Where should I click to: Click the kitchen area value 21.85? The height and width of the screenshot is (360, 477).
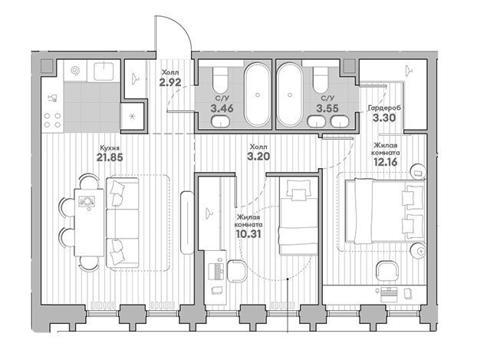[110, 157]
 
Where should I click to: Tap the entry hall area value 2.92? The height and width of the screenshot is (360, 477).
[170, 82]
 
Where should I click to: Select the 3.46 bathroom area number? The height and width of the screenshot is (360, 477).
[222, 108]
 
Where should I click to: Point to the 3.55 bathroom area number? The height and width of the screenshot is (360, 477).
[327, 108]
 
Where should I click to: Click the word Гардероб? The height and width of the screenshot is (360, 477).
[384, 107]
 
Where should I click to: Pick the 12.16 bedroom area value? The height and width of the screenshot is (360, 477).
[386, 162]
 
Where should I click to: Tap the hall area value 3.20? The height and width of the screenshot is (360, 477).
[258, 157]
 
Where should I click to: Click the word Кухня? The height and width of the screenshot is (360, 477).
[110, 148]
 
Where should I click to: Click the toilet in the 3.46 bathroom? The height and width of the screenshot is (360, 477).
[220, 80]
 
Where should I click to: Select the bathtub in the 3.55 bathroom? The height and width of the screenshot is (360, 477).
[289, 94]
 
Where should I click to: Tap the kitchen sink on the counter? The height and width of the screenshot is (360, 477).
[104, 71]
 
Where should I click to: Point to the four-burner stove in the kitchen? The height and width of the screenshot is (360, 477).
[52, 120]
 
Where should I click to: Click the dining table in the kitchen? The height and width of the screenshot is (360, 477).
[89, 223]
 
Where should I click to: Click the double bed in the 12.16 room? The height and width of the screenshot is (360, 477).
[385, 211]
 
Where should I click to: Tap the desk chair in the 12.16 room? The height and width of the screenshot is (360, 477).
[387, 272]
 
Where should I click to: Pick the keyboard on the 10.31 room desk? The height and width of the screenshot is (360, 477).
[218, 271]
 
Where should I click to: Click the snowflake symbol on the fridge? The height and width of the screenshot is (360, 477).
[132, 117]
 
